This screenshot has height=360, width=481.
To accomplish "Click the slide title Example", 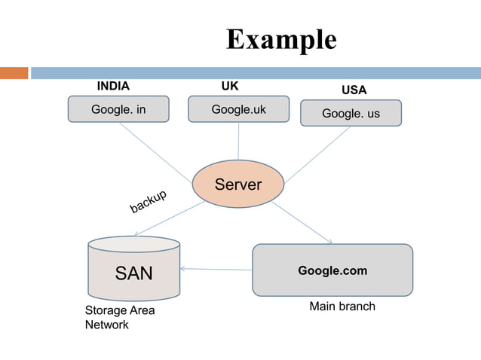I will (x=281, y=39).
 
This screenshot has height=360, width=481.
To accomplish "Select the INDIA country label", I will (x=113, y=86).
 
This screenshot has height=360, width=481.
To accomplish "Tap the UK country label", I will (x=229, y=86).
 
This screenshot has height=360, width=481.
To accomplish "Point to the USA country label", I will (x=354, y=90).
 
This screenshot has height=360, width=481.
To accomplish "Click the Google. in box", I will (x=118, y=109).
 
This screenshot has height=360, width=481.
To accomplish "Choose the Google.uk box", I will (x=238, y=109).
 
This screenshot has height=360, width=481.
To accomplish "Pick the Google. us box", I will (x=351, y=113).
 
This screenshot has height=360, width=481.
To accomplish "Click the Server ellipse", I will (x=238, y=184).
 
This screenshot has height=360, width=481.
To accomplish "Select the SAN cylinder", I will (x=134, y=271).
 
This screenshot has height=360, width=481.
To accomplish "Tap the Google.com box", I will (x=332, y=270).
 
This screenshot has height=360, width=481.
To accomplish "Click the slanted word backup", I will (x=148, y=202).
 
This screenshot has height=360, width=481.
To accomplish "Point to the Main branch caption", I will (x=342, y=307).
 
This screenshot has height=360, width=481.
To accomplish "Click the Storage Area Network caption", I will (x=109, y=318).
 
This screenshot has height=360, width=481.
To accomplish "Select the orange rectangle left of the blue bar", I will (x=14, y=73).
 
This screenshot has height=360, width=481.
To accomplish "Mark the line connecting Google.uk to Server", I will (x=238, y=142).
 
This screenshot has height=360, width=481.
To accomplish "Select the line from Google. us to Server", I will (x=317, y=154).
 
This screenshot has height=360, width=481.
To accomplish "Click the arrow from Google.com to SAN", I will (x=216, y=269).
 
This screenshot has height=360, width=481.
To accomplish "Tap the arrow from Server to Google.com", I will (x=302, y=222).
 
